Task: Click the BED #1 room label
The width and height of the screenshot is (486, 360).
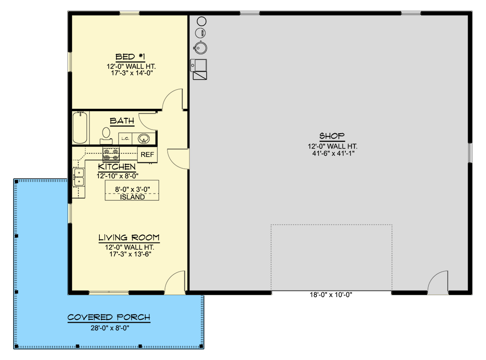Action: click(x=130, y=57)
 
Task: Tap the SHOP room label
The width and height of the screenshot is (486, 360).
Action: click(x=332, y=136)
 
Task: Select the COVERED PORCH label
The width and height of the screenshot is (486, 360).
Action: click(x=109, y=317)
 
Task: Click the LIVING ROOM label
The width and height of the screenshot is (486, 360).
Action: click(x=129, y=238)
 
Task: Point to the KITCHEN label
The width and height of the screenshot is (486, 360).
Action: click(x=117, y=166)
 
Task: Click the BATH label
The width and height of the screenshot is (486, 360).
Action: click(x=122, y=121)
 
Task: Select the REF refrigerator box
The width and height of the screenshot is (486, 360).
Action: click(x=147, y=154)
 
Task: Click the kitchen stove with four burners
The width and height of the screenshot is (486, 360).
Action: click(x=111, y=154)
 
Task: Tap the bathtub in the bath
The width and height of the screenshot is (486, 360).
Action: click(x=80, y=128)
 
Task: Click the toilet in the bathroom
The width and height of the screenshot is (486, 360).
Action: click(x=106, y=135)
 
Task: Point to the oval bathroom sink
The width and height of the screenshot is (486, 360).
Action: click(x=143, y=139)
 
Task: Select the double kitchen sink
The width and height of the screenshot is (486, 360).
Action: click(x=79, y=177)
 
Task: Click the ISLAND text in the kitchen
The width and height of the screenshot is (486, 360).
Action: click(x=132, y=197)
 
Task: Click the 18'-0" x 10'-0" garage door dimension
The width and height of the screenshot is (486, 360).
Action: click(x=331, y=295)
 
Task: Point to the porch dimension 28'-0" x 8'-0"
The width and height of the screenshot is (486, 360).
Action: click(x=110, y=328)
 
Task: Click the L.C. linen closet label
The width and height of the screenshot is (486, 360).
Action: click(x=125, y=139)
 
